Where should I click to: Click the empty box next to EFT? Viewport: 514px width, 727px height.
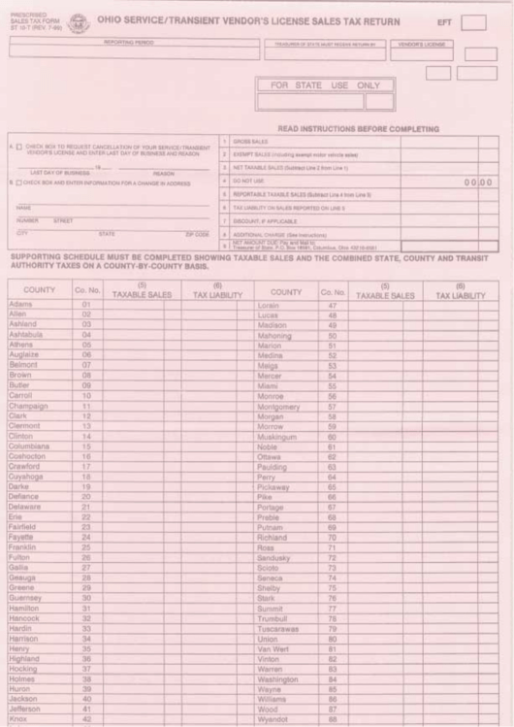click(474, 21)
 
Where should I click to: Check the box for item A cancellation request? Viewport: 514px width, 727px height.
click(16, 147)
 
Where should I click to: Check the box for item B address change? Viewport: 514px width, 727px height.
click(16, 182)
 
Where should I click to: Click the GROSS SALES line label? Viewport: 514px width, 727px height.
click(251, 141)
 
